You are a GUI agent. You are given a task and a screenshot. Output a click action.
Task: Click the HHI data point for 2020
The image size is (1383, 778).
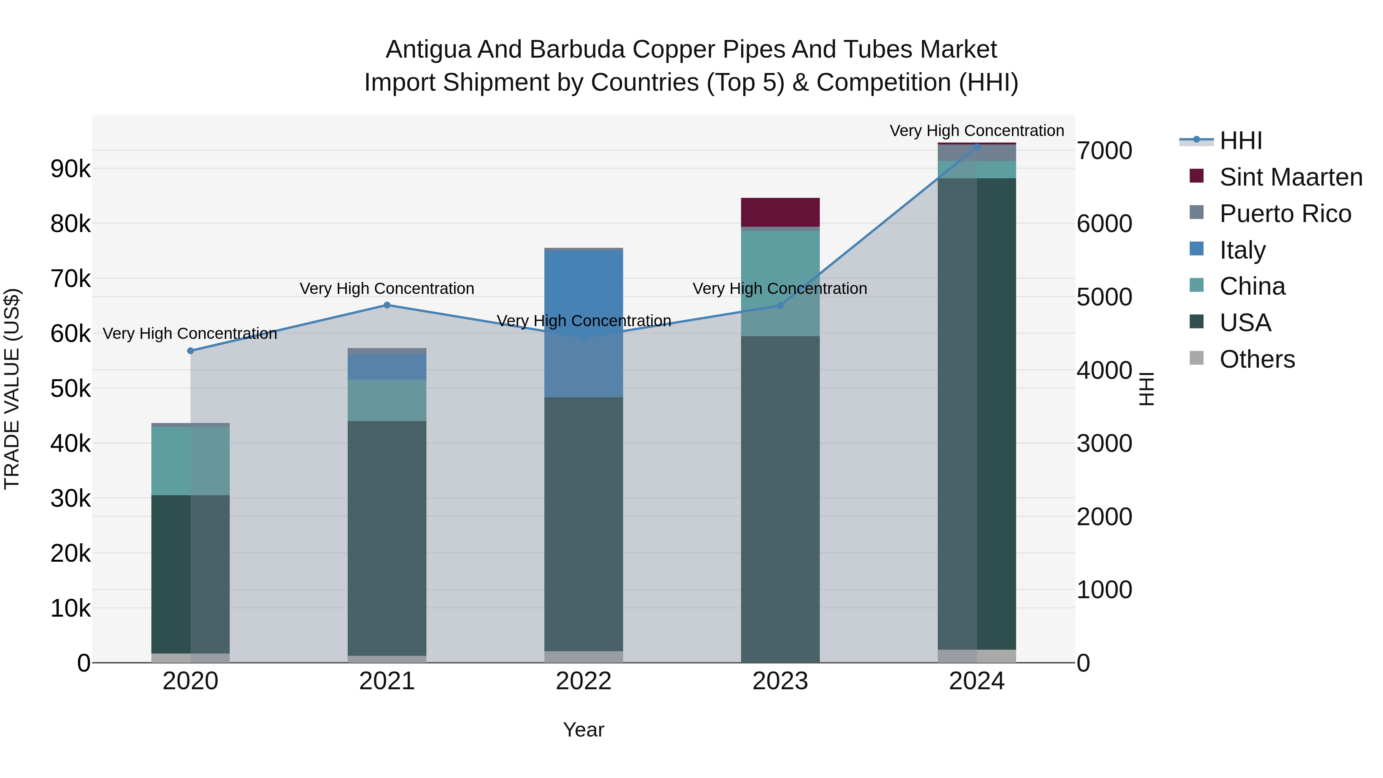[x=190, y=351]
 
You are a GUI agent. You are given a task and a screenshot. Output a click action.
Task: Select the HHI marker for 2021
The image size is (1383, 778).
[x=387, y=305]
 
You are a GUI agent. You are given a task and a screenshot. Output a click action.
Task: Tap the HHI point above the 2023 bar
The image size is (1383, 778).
[x=781, y=305]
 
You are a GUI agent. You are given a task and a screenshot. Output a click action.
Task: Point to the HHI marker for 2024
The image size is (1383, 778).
[x=977, y=147]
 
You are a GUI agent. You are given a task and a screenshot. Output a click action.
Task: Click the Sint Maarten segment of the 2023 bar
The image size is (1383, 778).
[x=780, y=212]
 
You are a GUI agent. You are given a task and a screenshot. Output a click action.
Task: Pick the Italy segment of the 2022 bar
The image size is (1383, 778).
[x=584, y=324]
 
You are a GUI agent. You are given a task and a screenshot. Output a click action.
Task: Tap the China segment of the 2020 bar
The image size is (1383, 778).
[x=190, y=461]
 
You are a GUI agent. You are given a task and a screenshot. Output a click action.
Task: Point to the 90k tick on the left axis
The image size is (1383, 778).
[x=70, y=169]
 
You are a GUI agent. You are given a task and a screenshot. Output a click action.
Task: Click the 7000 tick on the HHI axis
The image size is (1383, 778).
[x=1105, y=151]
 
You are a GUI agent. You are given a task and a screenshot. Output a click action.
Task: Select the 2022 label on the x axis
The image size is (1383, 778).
[x=584, y=681]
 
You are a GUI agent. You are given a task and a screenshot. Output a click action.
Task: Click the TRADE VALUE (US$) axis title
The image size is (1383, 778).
[x=12, y=389]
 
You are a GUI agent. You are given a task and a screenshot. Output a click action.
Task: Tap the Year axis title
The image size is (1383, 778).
[x=584, y=730]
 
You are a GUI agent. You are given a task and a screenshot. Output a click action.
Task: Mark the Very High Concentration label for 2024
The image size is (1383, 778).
[x=977, y=131]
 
